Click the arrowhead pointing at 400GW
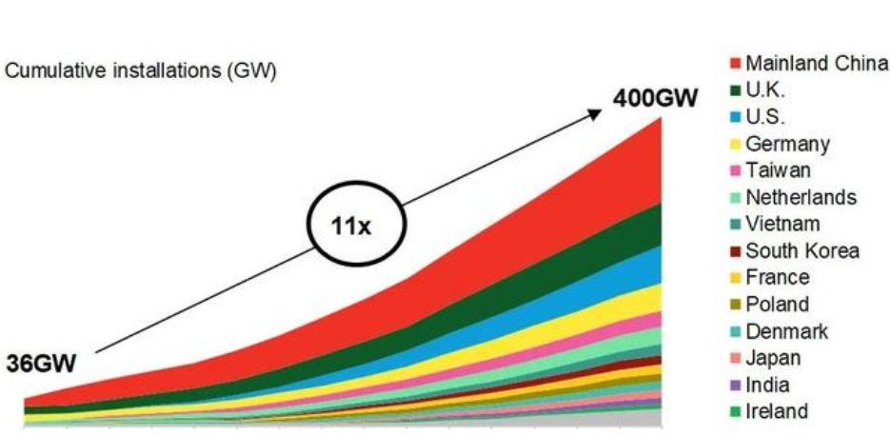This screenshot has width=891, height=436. click(596, 112)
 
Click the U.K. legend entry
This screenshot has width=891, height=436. click(766, 91)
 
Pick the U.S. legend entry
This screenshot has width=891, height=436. click(767, 118)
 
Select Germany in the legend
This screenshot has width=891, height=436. click(787, 145)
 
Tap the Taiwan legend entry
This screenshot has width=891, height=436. click(778, 171)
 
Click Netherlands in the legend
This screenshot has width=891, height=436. click(801, 198)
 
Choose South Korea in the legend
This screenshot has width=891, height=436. click(802, 251)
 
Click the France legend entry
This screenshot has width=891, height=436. click(778, 278)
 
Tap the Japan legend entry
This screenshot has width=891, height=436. click(772, 358)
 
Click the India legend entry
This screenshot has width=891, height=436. click(768, 385)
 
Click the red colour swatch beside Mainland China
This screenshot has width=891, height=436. click(736, 65)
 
